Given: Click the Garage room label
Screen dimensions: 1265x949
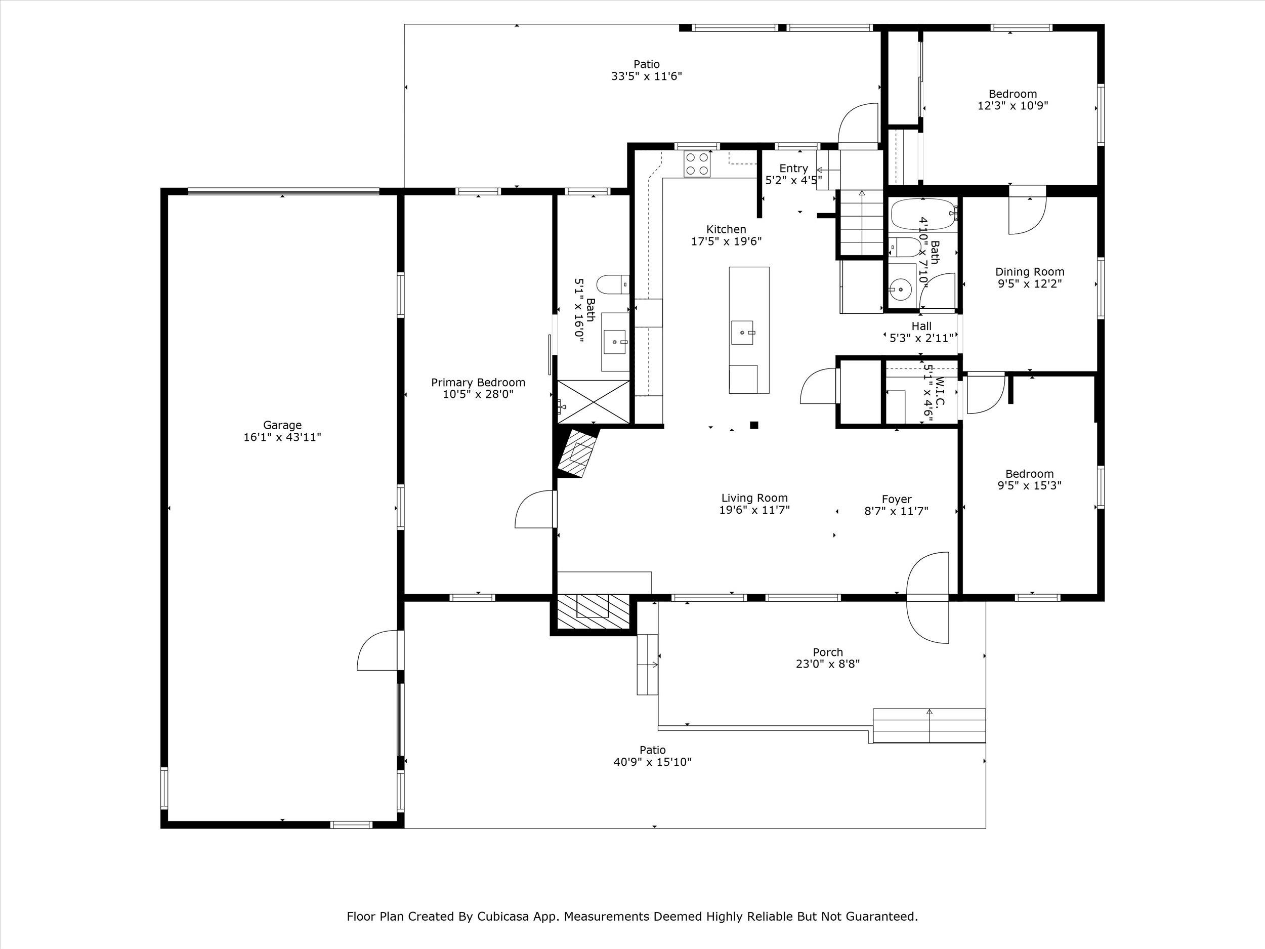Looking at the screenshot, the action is click(282, 425).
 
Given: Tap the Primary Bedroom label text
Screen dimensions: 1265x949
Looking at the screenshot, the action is click(478, 383).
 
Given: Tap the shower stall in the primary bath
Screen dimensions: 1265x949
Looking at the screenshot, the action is click(594, 401).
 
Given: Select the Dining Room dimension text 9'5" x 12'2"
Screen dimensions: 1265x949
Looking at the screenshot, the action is click(1030, 284).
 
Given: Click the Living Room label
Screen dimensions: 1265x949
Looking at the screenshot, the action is click(754, 498).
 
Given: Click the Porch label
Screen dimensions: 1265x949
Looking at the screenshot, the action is click(827, 652).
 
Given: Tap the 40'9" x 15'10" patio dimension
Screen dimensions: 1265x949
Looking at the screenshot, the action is click(653, 762).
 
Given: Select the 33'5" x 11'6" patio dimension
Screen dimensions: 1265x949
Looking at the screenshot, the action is click(646, 76).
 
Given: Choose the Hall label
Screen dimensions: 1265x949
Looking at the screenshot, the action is click(921, 326).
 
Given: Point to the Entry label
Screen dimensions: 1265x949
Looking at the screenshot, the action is click(794, 168).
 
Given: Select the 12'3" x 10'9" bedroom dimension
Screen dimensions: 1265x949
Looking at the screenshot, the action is click(1013, 106).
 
